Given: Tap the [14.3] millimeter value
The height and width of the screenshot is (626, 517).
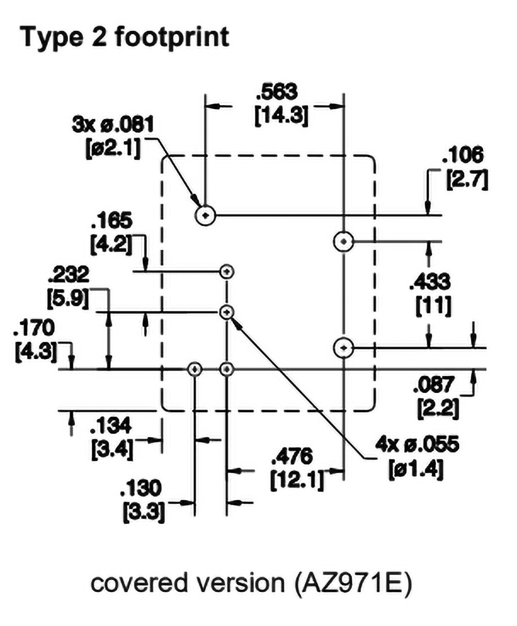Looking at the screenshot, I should coord(281,116).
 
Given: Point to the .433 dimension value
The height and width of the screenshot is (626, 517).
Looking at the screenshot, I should coord(430,282).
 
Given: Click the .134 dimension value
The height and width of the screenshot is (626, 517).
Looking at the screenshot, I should coord(111,426).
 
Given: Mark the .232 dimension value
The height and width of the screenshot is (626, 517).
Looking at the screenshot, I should coord(69,275).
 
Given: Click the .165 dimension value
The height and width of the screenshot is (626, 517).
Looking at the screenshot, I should coord(111,221).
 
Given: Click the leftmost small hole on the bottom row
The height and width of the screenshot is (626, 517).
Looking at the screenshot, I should coord(195,369).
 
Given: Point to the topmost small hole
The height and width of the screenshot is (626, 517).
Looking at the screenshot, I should coord(227,271).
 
